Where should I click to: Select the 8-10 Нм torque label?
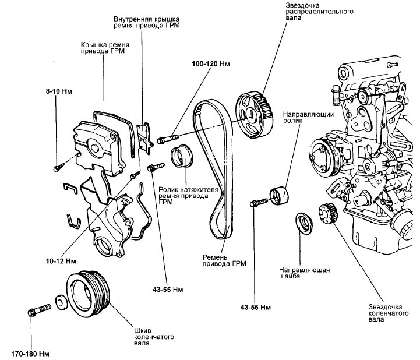59,91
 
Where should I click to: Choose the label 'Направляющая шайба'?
305,274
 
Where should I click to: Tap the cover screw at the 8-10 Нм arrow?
58,167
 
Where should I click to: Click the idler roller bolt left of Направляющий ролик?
257,203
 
